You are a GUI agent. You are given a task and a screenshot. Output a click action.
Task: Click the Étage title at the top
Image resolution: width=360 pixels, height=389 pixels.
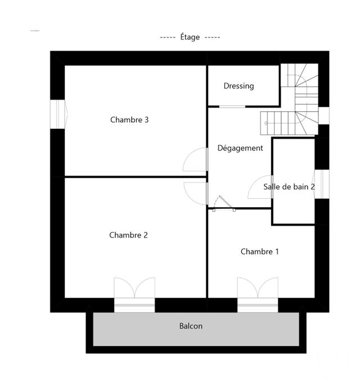[190, 37]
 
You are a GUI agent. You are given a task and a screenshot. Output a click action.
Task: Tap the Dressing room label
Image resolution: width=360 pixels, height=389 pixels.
[238, 86]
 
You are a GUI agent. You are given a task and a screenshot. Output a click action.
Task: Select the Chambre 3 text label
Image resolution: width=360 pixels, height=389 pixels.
[129, 119]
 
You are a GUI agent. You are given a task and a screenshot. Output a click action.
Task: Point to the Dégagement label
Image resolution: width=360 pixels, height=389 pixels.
[240, 148]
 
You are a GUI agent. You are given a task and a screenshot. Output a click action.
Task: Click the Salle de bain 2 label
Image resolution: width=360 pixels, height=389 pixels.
[289, 186]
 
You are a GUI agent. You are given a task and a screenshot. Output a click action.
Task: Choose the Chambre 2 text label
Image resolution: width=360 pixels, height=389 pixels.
[128, 235]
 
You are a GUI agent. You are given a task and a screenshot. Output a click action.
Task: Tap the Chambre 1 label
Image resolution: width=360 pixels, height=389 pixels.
[259, 252]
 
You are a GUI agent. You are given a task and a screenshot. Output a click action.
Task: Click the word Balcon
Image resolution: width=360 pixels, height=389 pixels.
[191, 326]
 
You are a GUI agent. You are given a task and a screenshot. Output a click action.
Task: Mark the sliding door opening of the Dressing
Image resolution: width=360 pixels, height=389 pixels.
[232, 106]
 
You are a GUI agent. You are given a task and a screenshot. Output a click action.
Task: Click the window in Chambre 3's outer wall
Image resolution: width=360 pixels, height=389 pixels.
[58, 114]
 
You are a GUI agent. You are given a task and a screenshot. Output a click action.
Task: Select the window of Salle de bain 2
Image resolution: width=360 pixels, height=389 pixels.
[322, 184]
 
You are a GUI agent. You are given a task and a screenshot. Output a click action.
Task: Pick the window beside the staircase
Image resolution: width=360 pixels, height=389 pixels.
[323, 115]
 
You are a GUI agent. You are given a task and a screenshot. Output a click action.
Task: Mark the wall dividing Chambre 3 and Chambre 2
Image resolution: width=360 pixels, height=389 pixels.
[135, 177]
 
